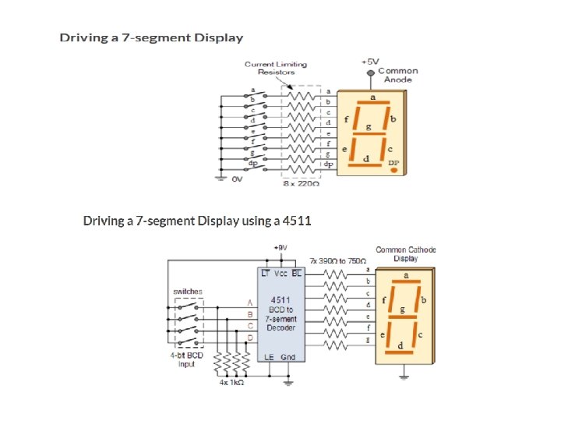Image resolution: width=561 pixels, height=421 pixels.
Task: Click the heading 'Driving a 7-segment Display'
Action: (152, 37)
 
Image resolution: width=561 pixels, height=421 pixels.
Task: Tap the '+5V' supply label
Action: (370, 60)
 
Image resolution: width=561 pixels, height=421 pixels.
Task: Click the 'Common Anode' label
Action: (397, 75)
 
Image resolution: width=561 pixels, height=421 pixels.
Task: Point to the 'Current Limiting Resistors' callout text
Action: (276, 68)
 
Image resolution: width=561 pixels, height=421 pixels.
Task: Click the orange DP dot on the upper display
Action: (394, 170)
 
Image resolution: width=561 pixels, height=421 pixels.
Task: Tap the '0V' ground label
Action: (238, 179)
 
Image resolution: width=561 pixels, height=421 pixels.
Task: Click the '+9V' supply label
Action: (280, 247)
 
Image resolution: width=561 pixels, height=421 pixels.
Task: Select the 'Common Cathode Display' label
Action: (406, 254)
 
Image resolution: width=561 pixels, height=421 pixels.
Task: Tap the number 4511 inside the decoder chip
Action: (280, 299)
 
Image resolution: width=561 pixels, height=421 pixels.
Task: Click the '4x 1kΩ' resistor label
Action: (232, 384)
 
